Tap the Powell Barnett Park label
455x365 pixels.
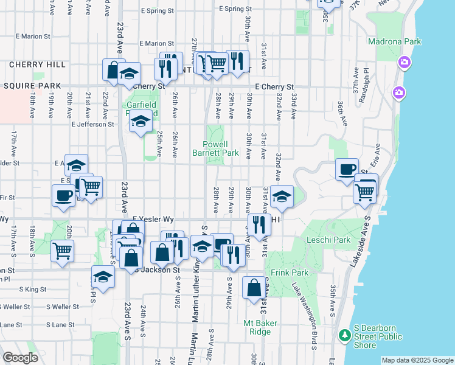pyautogui.click(x=220, y=148)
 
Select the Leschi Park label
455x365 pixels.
pyautogui.click(x=334, y=240)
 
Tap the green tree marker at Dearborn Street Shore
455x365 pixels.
pyautogui.click(x=344, y=335)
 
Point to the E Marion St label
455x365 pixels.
pyautogui.click(x=156, y=44)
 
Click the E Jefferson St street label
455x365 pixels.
pyautogui.click(x=92, y=124)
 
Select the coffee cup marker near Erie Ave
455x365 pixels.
pyautogui.click(x=347, y=169)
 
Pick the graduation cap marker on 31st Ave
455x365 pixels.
pyautogui.click(x=281, y=196)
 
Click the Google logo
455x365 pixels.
pyautogui.click(x=21, y=358)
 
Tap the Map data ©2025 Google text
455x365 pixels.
pyautogui.click(x=417, y=360)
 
